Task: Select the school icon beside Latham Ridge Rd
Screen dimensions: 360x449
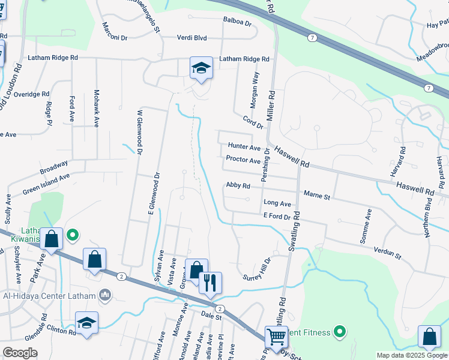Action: pos(202,68)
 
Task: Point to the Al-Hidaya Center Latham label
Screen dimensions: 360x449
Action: pos(50,296)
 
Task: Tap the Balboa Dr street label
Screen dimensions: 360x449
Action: pos(237,20)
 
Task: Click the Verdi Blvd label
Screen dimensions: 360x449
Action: pos(191,38)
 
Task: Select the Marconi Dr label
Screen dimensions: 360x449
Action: pos(115,30)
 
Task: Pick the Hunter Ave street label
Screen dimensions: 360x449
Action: pos(244,147)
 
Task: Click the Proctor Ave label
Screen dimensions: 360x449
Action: pos(243,160)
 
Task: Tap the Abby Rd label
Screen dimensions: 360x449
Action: pos(238,185)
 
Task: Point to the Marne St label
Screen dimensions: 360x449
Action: pos(317,195)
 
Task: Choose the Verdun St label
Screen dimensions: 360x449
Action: pos(387,252)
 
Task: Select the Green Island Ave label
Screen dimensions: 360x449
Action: pos(47,184)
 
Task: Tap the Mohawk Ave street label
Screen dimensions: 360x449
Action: pos(96,108)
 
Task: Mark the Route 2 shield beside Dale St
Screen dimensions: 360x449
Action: pos(220,308)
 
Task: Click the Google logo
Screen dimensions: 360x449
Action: pos(20,352)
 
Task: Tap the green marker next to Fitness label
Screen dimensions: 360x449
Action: pos(340,331)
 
